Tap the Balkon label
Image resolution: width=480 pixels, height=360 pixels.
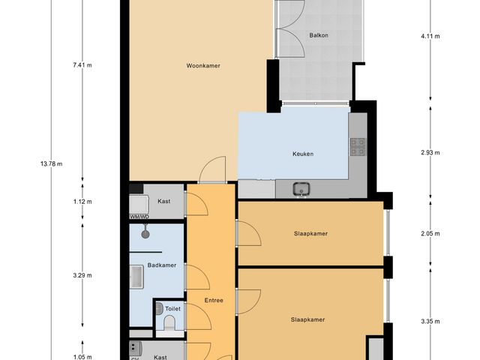[319, 35]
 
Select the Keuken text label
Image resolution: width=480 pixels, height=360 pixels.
[302, 154]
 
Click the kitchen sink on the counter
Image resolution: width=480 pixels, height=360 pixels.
[301, 188]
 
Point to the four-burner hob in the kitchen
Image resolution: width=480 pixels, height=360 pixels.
[357, 147]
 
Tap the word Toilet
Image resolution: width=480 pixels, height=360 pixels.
[172, 308]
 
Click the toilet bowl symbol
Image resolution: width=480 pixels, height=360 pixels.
[169, 322]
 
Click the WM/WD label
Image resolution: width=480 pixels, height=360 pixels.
[140, 217]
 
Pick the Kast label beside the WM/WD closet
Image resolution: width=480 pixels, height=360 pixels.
[163, 201]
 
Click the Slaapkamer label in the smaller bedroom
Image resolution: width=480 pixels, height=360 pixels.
[310, 233]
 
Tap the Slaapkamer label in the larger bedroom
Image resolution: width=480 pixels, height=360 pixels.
[307, 319]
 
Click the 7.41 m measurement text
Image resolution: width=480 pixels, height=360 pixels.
[82, 66]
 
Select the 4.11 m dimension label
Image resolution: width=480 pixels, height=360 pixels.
[430, 35]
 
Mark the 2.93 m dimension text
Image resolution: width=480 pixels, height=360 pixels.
[430, 153]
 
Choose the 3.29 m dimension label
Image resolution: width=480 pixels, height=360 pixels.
[82, 275]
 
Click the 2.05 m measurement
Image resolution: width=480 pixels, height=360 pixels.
[430, 234]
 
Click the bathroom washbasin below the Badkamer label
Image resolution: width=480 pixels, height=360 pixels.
[137, 277]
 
